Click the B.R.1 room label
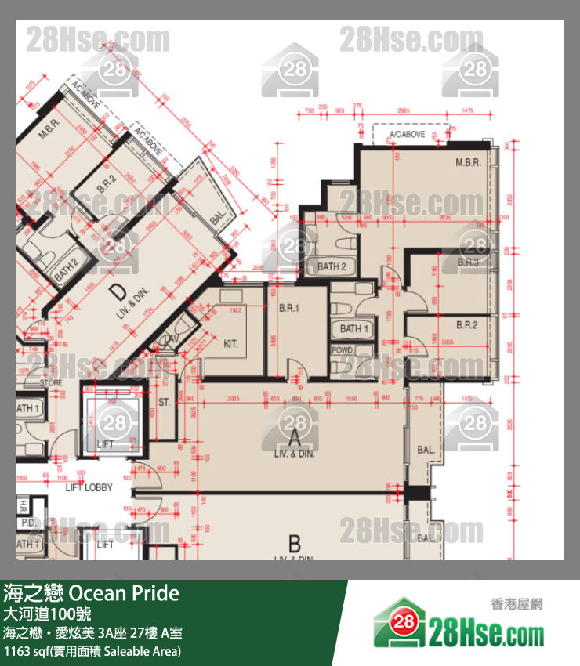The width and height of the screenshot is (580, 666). coord(289,309)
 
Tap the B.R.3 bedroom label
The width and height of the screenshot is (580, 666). coord(468,262)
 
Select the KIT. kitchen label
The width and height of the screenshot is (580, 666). coord(231,343)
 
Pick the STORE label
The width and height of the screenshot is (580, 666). coord(51,383)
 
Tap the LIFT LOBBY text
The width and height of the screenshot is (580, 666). coord(89,487)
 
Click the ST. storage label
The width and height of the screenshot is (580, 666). coord(165,402)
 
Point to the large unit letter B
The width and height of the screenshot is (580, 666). coord(295,543)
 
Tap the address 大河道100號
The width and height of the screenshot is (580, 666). coord(47,614)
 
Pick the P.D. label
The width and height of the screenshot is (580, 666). coord(27,522)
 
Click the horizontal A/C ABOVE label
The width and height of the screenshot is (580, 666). coord(408,135)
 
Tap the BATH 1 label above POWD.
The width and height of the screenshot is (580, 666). coord(350,328)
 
